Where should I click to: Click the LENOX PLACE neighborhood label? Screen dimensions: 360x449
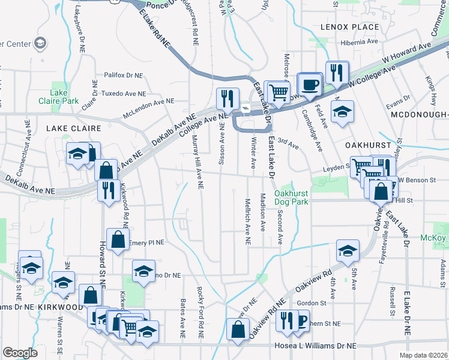pos(350,27)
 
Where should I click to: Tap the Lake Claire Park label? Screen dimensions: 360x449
pos(59,97)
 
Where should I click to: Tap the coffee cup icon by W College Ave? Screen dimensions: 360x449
pos(310,85)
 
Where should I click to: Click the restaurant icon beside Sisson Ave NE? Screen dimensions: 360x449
pos(228,97)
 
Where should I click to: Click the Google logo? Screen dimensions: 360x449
pos(20,352)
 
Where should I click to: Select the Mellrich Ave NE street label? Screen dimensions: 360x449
pos(247,221)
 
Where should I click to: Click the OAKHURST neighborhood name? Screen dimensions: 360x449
pos(368,145)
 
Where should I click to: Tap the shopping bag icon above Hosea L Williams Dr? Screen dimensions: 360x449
pos(238,329)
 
